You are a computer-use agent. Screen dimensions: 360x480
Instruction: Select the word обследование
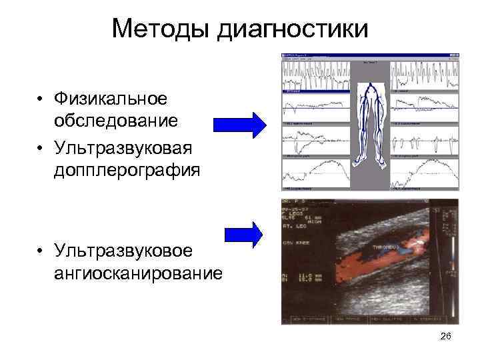tap(116, 121)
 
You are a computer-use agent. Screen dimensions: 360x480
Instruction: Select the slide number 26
tap(446, 337)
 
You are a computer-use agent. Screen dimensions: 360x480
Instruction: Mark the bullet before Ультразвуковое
tap(41, 251)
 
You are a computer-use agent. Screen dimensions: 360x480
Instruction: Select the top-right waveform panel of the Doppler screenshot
tap(424, 74)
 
